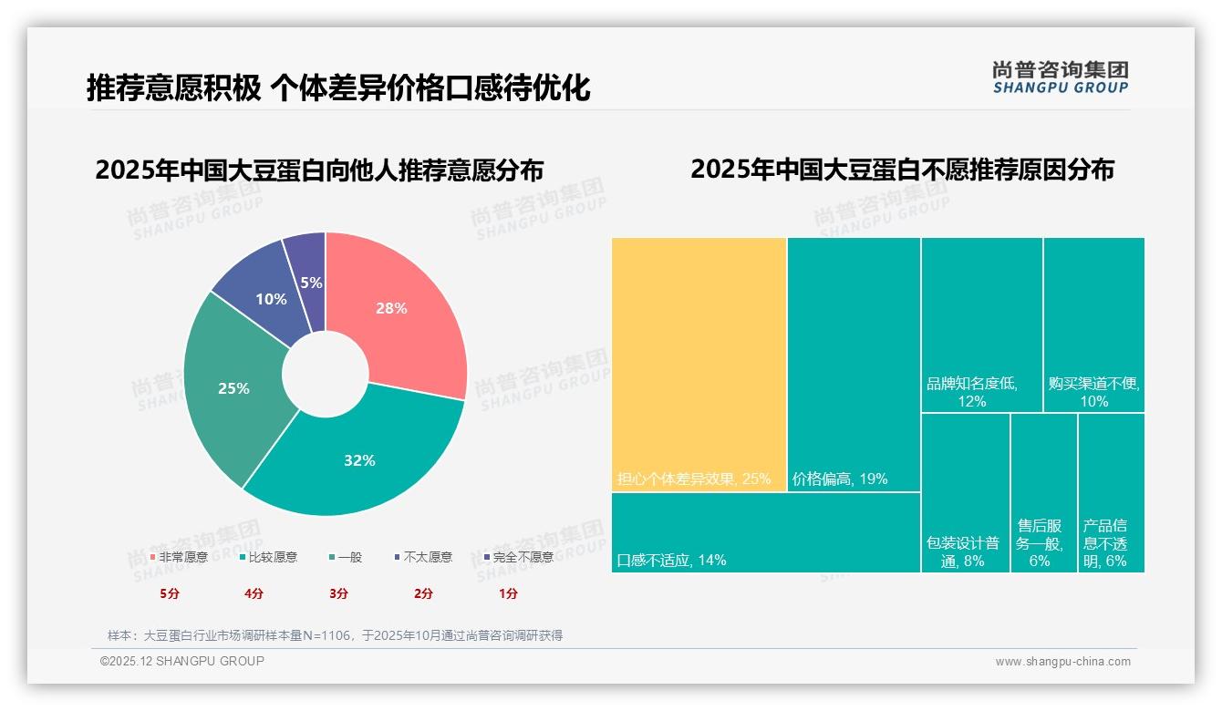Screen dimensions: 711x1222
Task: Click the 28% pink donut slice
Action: click(x=398, y=310)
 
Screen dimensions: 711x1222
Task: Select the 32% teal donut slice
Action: click(x=360, y=459)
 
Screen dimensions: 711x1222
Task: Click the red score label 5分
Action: click(x=170, y=593)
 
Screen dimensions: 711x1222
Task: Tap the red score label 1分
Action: click(x=508, y=593)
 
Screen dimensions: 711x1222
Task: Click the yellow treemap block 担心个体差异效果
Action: click(x=699, y=365)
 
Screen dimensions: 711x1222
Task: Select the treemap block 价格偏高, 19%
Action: click(x=854, y=365)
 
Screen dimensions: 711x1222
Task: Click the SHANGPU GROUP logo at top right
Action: click(x=1060, y=77)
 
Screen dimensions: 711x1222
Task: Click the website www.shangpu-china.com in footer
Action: click(x=1062, y=662)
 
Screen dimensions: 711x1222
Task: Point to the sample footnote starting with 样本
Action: click(x=335, y=635)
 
